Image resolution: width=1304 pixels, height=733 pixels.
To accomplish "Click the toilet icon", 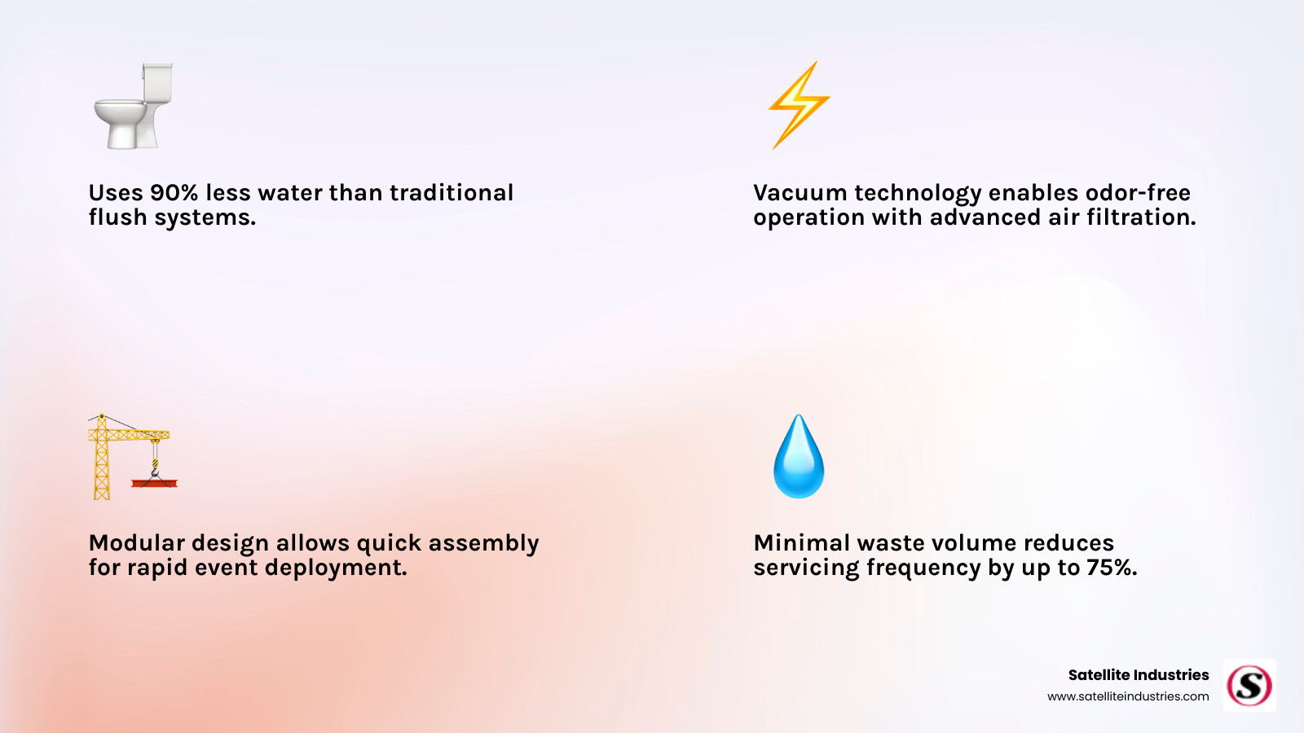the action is click(x=134, y=105).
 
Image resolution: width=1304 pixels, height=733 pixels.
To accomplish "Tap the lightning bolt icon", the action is click(x=799, y=105).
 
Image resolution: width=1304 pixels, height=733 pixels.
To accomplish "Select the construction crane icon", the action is click(x=133, y=457).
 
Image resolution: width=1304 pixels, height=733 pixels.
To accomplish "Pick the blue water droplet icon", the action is click(x=799, y=456).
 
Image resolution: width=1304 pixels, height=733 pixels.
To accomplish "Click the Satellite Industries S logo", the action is click(x=1249, y=685).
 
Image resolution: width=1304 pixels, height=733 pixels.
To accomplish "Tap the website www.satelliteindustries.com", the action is click(x=1128, y=696).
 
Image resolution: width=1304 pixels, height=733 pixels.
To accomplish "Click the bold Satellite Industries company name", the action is click(x=1138, y=675).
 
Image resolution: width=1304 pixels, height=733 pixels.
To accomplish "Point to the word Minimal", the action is click(x=801, y=542).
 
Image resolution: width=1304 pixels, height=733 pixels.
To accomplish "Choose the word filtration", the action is click(x=1141, y=217).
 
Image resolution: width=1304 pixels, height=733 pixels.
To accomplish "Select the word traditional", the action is click(x=452, y=192).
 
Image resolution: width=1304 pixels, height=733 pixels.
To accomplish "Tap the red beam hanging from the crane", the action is click(x=154, y=484).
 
